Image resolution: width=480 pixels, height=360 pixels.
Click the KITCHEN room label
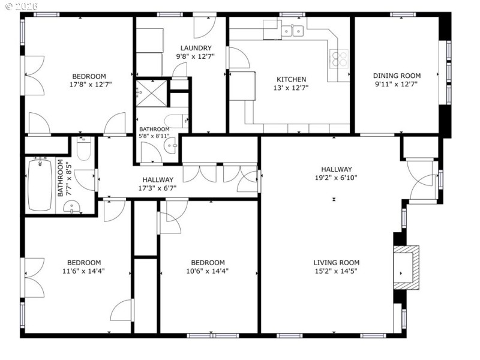click(x=291, y=79)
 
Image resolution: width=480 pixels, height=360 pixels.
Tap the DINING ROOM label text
click(x=397, y=76)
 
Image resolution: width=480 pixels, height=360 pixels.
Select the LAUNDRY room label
click(x=196, y=48)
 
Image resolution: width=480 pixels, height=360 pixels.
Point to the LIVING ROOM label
click(x=336, y=262)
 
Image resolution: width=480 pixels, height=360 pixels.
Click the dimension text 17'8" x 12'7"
click(x=89, y=85)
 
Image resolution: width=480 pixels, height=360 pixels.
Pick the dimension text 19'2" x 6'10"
click(x=336, y=178)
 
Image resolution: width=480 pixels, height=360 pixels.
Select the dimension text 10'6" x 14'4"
click(x=208, y=271)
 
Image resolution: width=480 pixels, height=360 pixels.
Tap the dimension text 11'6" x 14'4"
click(x=83, y=271)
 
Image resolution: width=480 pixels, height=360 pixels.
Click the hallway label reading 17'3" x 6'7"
click(x=158, y=188)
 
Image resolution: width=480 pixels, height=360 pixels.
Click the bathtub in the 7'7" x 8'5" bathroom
click(x=40, y=184)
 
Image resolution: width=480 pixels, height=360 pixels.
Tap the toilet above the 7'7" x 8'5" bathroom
click(x=83, y=149)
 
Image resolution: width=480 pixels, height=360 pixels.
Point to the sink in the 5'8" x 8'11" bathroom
click(x=172, y=145)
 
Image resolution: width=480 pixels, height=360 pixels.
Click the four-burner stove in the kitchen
click(x=339, y=59)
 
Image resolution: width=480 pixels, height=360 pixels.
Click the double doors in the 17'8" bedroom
click(x=34, y=76)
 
